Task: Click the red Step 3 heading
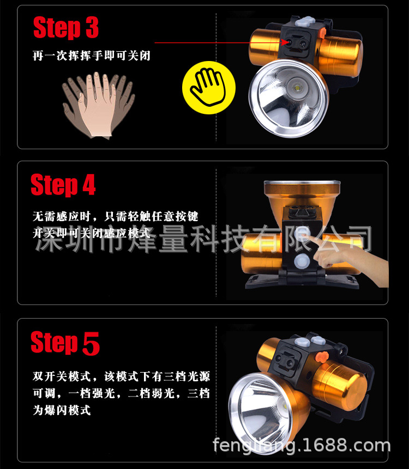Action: [x=66, y=28]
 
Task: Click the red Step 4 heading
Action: [x=63, y=185]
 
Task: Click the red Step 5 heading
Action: [x=65, y=343]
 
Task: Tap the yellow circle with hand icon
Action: [x=209, y=87]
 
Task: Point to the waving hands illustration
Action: [x=98, y=105]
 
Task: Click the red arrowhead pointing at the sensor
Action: [x=285, y=42]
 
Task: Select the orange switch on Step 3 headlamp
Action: [x=322, y=33]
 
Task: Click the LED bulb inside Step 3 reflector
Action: [x=297, y=89]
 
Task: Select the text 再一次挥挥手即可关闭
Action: [x=91, y=56]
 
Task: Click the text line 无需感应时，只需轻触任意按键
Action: [x=115, y=216]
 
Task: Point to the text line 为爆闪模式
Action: [x=62, y=410]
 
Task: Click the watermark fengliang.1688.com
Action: [x=302, y=445]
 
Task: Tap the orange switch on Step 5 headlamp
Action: [x=322, y=357]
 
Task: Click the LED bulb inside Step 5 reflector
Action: [x=284, y=407]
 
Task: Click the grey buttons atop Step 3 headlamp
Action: [x=305, y=21]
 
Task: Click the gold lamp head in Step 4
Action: [x=302, y=195]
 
